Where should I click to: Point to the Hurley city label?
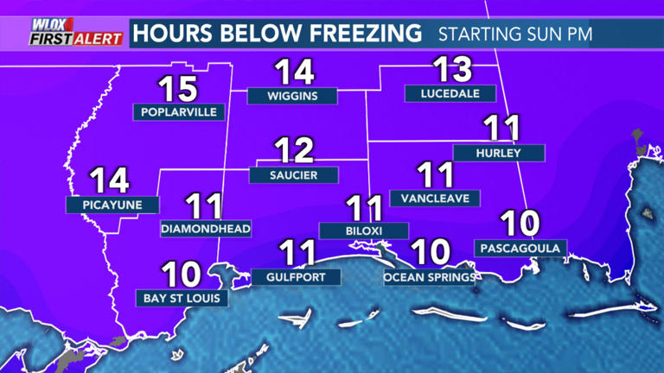click(499, 153)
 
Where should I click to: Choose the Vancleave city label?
click(435, 198)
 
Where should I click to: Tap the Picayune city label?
click(112, 205)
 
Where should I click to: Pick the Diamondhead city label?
click(206, 229)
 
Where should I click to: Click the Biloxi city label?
click(363, 231)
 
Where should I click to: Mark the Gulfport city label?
click(296, 277)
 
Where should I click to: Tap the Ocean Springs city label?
click(430, 277)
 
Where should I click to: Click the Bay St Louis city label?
click(182, 298)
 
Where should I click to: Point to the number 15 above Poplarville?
click(176, 88)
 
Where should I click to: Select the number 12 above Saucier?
click(293, 151)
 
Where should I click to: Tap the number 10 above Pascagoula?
click(520, 224)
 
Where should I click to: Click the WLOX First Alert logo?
click(64, 33)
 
